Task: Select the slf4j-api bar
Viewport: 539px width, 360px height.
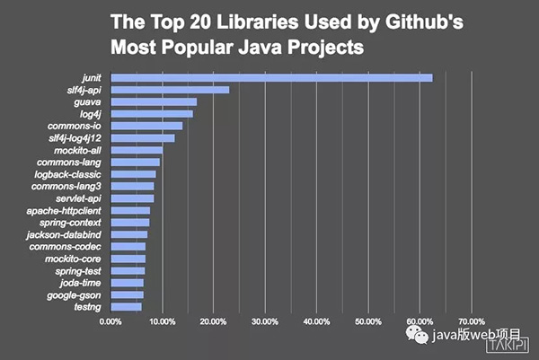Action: pos(170,90)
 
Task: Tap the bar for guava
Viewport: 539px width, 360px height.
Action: pos(154,101)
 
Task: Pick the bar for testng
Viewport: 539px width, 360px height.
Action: pos(126,307)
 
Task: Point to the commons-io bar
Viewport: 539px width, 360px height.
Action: pos(146,126)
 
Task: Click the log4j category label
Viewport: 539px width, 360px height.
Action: pos(86,114)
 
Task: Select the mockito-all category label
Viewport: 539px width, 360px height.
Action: pos(78,150)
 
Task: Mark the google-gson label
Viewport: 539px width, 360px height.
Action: pos(75,294)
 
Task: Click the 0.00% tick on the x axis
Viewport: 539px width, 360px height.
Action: pos(110,320)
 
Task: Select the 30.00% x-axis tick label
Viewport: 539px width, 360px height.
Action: pos(265,320)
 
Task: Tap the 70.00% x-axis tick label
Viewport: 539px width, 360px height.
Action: pos(472,320)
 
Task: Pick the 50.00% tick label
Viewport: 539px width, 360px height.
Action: pos(368,320)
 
